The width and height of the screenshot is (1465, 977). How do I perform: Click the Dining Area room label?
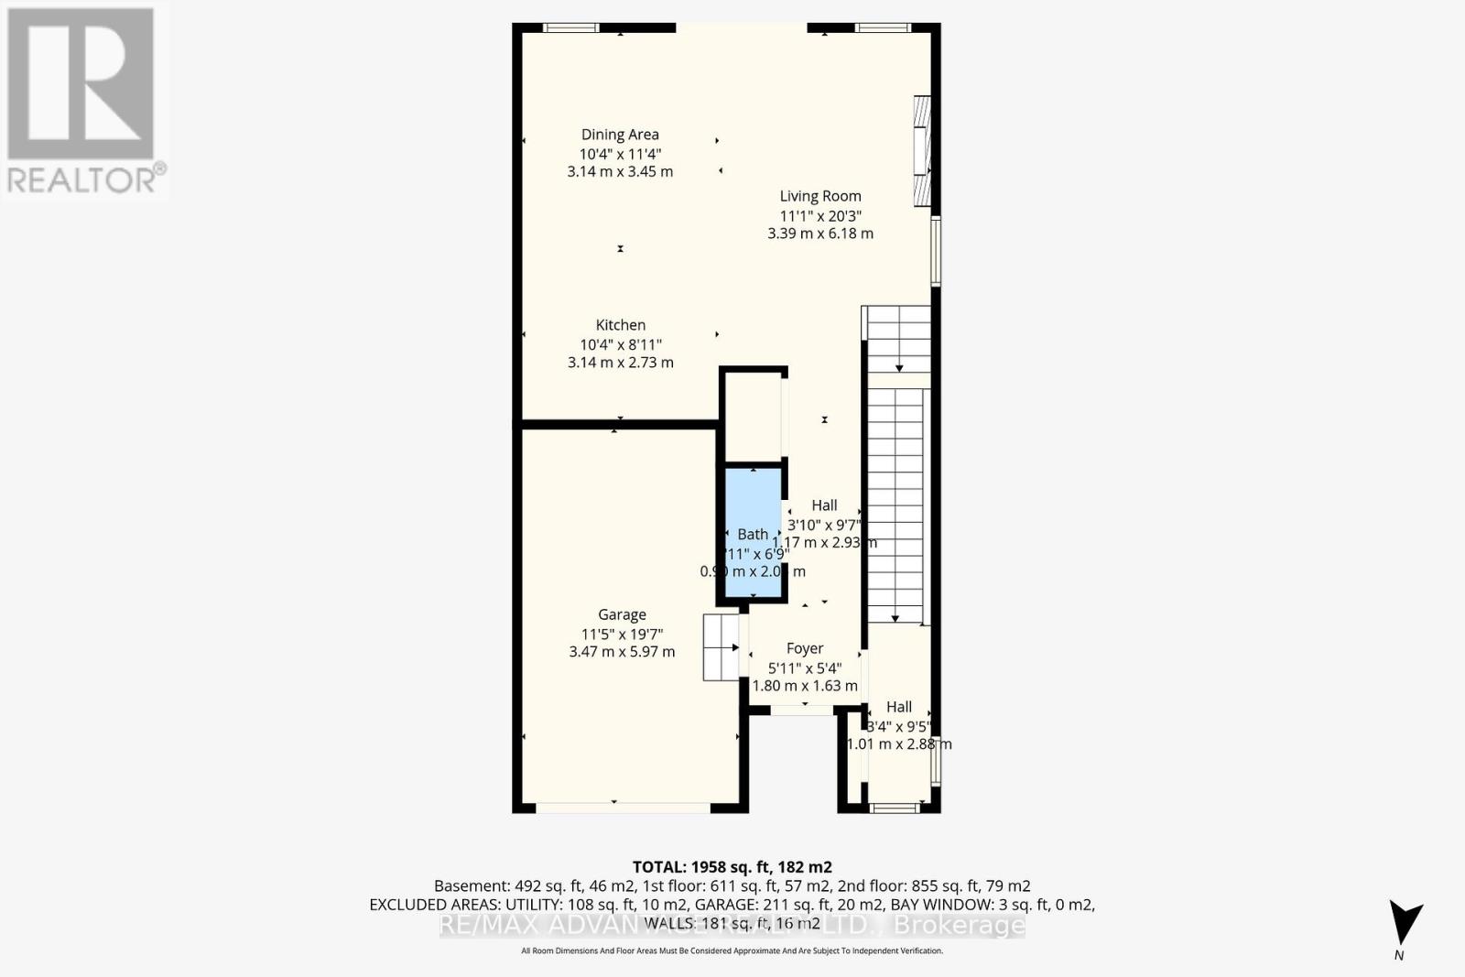tap(620, 135)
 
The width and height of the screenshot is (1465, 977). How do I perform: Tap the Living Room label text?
tap(819, 196)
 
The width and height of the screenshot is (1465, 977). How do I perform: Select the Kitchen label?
tap(620, 325)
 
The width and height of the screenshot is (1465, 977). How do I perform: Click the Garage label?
tap(622, 615)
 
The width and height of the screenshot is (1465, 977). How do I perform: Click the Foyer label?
tap(805, 648)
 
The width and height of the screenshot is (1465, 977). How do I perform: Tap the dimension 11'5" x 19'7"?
tap(622, 634)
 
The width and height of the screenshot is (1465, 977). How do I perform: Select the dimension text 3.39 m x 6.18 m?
tap(819, 233)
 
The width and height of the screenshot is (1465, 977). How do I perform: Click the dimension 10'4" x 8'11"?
tap(620, 344)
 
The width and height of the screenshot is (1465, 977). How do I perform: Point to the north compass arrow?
tap(1404, 923)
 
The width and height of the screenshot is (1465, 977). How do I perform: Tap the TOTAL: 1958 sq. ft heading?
tap(732, 866)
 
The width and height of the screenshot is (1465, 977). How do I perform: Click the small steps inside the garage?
tap(721, 646)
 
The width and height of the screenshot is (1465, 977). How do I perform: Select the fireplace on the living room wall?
tap(922, 151)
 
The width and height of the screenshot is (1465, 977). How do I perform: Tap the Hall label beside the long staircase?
tap(824, 505)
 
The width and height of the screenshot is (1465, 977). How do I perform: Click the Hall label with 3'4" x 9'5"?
tap(898, 707)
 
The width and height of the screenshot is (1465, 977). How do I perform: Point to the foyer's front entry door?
tap(802, 710)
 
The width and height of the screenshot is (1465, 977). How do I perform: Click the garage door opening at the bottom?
tap(623, 808)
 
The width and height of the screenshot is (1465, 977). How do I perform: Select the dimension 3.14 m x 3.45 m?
tap(620, 172)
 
